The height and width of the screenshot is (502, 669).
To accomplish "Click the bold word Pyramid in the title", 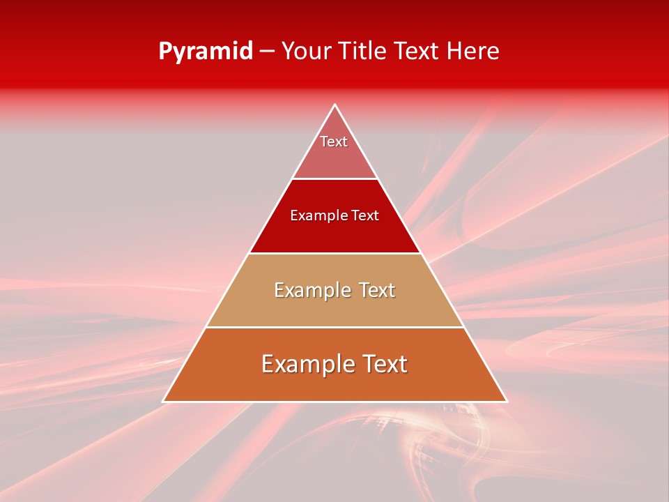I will tap(206, 52).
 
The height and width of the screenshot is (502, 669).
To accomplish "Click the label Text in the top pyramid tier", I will tap(334, 142).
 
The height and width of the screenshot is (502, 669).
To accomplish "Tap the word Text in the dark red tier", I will tap(365, 215).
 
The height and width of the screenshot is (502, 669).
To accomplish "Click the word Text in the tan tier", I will tap(377, 290).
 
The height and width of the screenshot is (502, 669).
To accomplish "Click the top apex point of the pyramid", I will tap(335, 105).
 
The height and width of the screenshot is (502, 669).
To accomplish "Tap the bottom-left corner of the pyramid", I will tap(164, 401).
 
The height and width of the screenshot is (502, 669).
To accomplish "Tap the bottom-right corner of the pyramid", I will tap(507, 401).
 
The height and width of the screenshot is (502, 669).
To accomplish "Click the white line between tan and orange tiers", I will tap(335, 327).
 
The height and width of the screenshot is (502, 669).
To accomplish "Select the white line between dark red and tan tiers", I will tap(335, 253).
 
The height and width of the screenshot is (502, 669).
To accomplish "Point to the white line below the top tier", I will tap(335, 179).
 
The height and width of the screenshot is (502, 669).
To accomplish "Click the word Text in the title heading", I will tap(419, 52).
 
